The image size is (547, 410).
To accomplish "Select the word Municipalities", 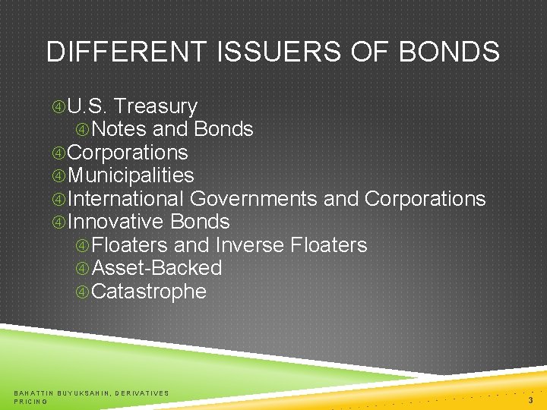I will pos(131,175).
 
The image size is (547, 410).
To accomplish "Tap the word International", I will pos(126,199).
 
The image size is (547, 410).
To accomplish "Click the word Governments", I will pos(253,199).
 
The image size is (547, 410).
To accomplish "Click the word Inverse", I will pos(250,245).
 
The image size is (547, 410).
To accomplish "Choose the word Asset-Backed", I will pos(156,268).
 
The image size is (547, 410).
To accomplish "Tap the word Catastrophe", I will pos(148,292).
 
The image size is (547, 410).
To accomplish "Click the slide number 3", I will pos(530,399).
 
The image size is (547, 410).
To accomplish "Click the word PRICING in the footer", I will pos(30,401).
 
